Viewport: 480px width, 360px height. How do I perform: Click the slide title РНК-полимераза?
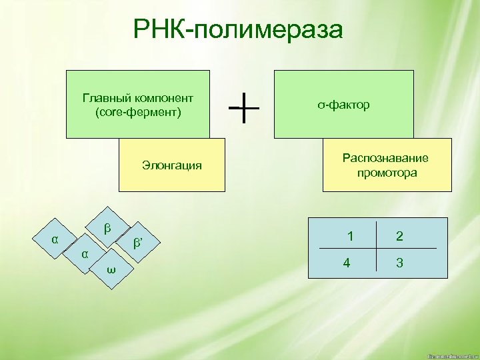(x=238, y=29)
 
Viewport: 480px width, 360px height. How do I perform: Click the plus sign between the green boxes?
(x=245, y=107)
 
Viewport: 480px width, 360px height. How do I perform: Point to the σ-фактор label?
(x=343, y=105)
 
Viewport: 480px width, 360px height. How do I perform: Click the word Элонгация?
(x=172, y=165)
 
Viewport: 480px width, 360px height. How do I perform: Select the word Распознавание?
(x=385, y=158)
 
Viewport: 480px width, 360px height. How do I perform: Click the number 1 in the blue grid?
(x=350, y=235)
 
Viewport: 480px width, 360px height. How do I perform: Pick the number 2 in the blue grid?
(x=399, y=235)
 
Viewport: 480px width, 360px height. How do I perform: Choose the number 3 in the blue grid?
(x=399, y=263)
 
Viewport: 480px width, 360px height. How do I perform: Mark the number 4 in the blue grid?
(x=346, y=263)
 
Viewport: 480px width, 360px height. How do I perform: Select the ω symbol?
(x=111, y=269)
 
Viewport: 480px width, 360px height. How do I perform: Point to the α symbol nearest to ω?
(x=84, y=254)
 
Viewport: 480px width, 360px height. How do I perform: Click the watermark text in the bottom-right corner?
(x=451, y=355)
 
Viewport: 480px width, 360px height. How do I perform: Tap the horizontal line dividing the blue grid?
(x=373, y=249)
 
